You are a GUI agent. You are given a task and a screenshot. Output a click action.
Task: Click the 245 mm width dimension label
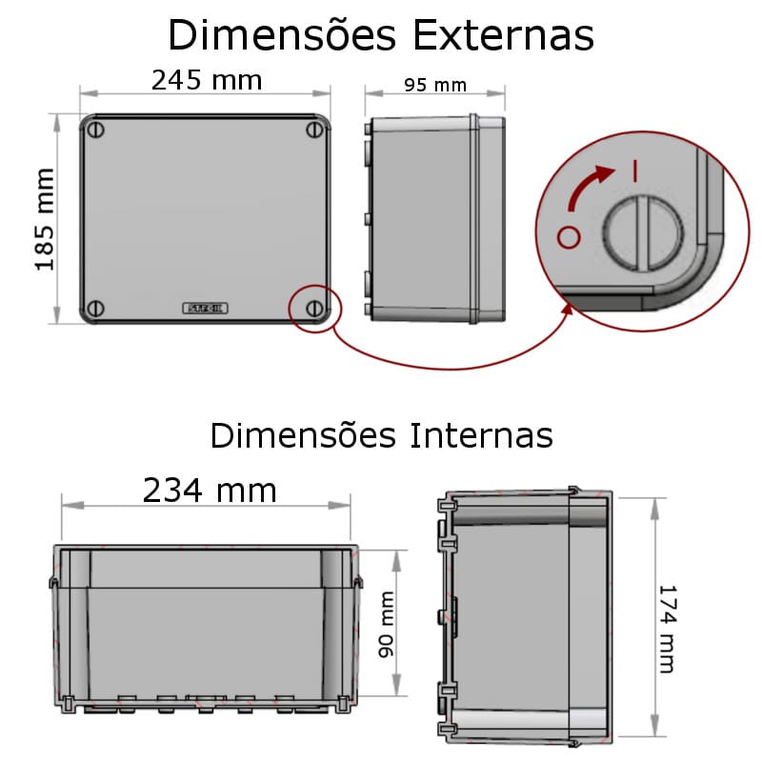[207, 80]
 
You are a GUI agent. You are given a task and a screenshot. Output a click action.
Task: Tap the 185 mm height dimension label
[45, 220]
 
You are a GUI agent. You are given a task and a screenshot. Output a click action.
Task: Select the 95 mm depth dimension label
[434, 85]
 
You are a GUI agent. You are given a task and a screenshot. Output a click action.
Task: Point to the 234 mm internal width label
[210, 490]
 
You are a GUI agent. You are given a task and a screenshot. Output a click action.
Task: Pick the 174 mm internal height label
[666, 629]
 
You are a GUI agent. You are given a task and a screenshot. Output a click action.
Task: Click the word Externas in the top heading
[503, 35]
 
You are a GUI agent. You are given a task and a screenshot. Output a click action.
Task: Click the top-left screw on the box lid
[95, 130]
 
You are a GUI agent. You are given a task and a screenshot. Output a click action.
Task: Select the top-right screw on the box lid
[314, 130]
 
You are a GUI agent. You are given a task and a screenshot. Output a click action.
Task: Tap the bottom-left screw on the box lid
[95, 309]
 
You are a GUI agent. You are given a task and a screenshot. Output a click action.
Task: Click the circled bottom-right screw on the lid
[314, 309]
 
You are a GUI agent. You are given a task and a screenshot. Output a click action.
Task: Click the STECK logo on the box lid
[205, 309]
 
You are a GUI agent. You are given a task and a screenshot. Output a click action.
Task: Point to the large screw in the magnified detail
[642, 233]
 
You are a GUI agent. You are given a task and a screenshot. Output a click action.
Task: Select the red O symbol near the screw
[568, 236]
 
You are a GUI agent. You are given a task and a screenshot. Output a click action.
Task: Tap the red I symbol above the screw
[633, 171]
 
